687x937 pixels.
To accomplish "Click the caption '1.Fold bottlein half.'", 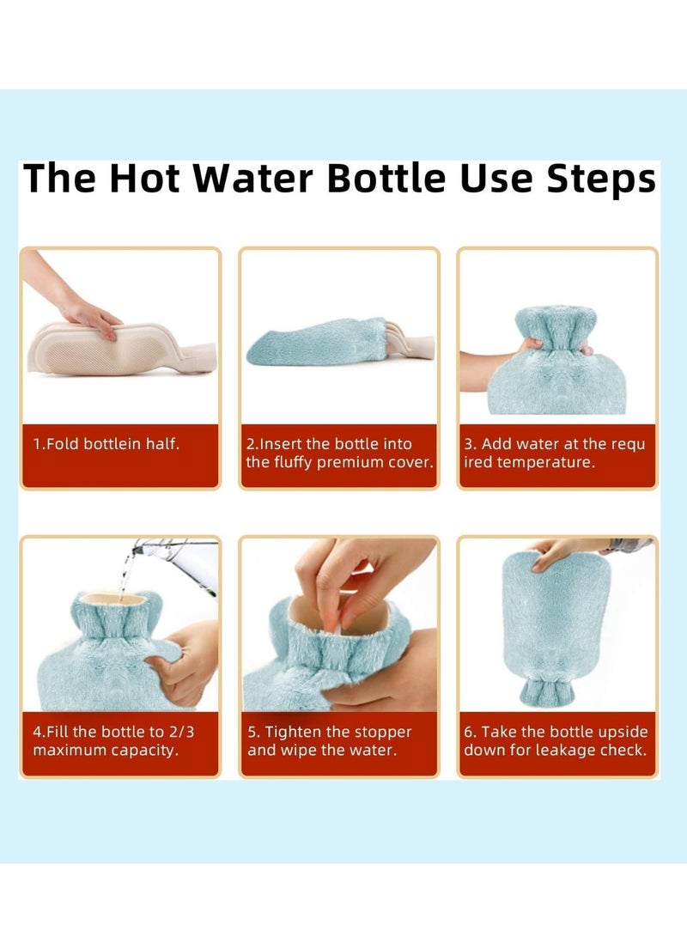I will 106,444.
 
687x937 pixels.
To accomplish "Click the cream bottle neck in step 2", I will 414,346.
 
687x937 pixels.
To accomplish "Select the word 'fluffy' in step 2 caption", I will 294,462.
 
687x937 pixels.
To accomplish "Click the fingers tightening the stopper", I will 352,584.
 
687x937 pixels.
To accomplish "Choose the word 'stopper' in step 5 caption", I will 383,733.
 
